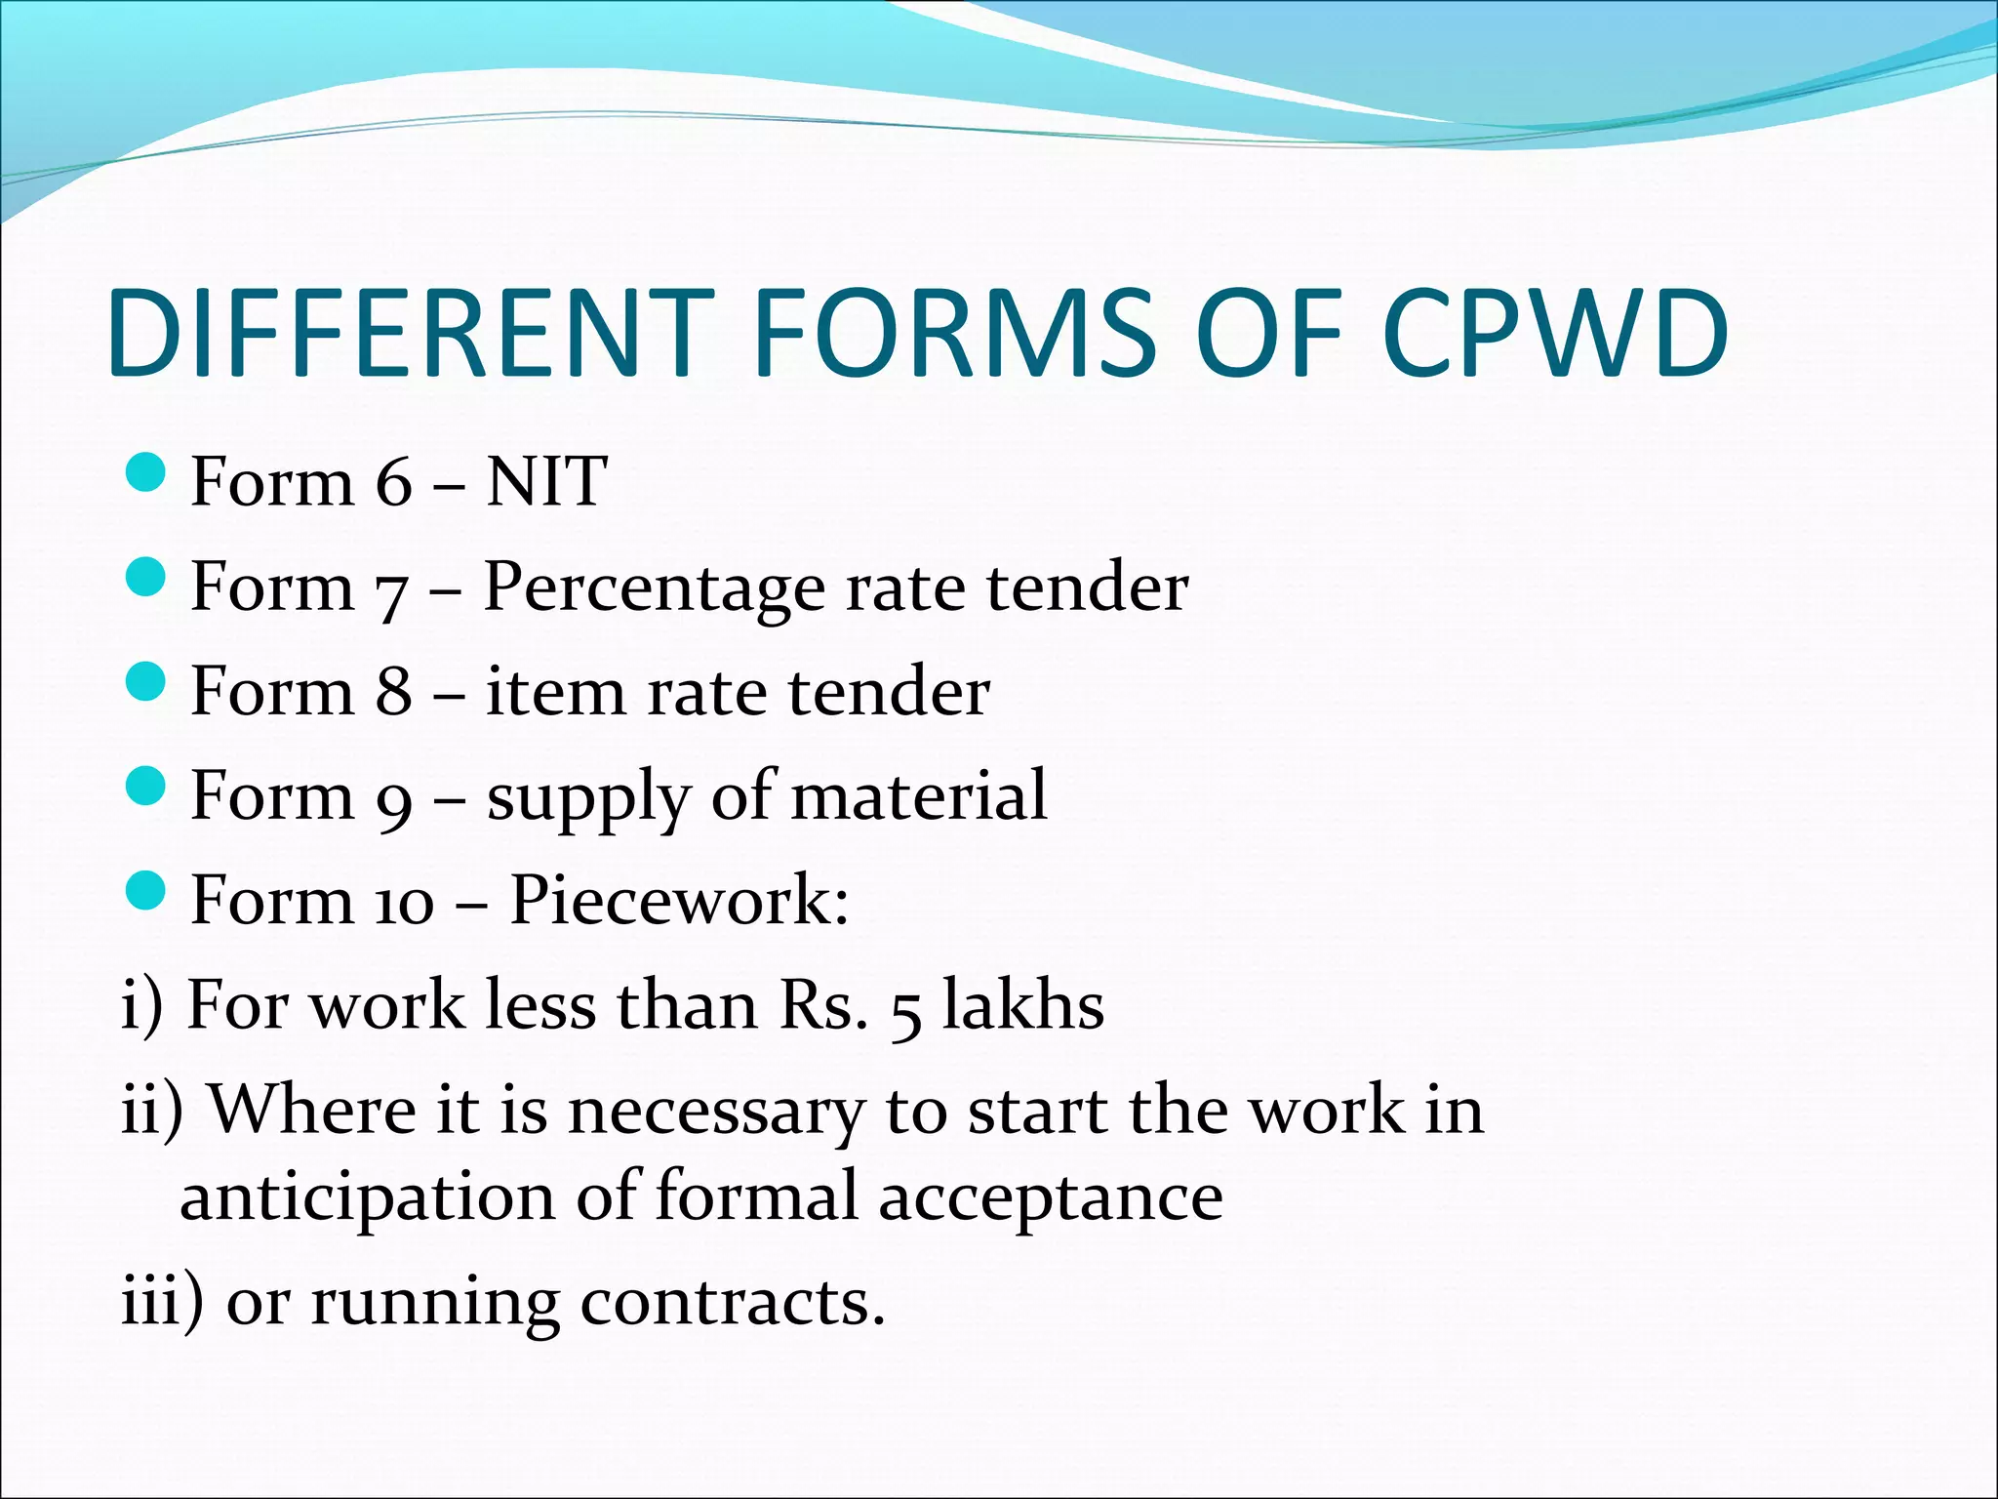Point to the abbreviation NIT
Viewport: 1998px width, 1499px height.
pyautogui.click(x=546, y=481)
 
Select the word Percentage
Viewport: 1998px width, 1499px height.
pyautogui.click(x=653, y=588)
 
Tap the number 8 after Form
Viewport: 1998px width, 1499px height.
pyautogui.click(x=393, y=691)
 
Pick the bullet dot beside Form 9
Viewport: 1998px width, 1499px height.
pyautogui.click(x=147, y=786)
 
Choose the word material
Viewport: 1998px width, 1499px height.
pyautogui.click(x=918, y=795)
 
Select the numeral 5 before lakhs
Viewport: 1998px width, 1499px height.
pyautogui.click(x=906, y=1011)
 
